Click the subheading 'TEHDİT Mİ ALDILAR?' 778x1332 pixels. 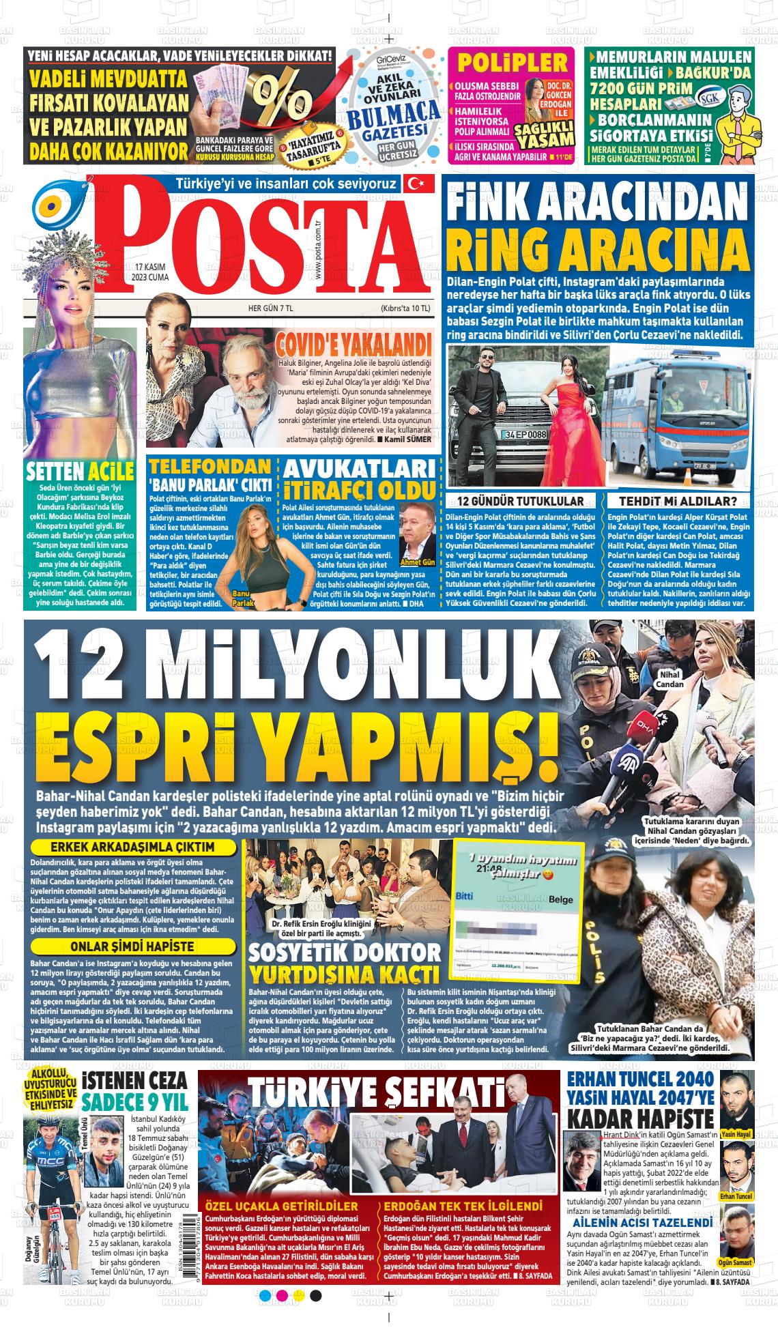(682, 501)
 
